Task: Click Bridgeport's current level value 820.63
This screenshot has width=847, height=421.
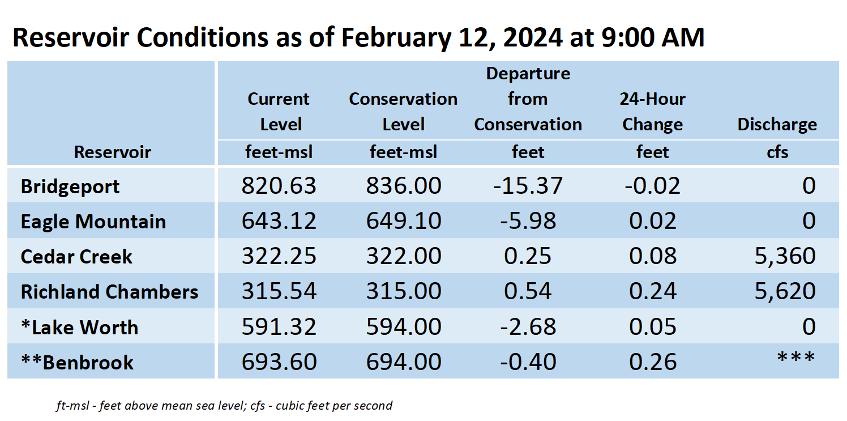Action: pos(279,186)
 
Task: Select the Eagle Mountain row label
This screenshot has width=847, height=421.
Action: pos(93,222)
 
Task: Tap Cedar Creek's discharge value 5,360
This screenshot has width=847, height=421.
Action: pos(785,256)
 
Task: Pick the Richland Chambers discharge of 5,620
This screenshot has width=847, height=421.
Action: pos(785,291)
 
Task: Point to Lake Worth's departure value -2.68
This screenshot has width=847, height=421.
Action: pos(528,326)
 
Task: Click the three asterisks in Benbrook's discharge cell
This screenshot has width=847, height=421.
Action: pos(796,357)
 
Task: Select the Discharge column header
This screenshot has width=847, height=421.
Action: pos(777,125)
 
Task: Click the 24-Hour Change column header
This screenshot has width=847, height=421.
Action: pos(653,112)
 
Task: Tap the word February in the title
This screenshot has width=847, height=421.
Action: pos(396,38)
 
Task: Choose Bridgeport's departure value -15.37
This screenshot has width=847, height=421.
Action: pos(528,186)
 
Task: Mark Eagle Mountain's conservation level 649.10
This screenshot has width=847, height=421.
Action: pos(404,221)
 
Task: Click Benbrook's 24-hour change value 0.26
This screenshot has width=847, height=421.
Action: pos(653,362)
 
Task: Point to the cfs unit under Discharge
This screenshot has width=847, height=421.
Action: pos(777,152)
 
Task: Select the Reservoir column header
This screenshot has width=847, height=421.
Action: pos(112,152)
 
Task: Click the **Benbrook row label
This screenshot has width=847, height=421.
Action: pos(77,363)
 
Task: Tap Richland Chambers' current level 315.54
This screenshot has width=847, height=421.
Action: pos(279,291)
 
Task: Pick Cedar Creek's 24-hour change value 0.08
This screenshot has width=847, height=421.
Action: pos(653,256)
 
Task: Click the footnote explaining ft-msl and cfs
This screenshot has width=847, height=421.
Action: pos(224,406)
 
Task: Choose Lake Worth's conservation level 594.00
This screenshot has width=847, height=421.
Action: pos(404,326)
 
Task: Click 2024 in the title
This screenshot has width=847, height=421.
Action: pos(533,38)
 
